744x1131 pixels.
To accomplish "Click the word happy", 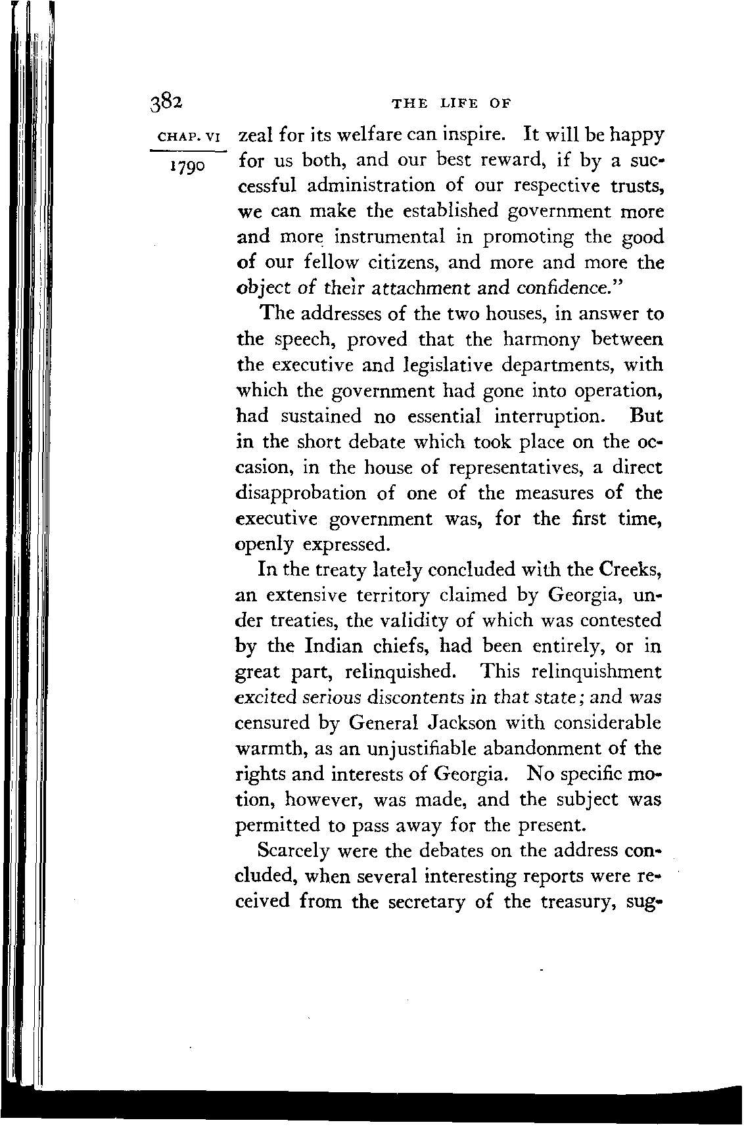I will coord(632,135).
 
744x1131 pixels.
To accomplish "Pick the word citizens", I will coord(398,263).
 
